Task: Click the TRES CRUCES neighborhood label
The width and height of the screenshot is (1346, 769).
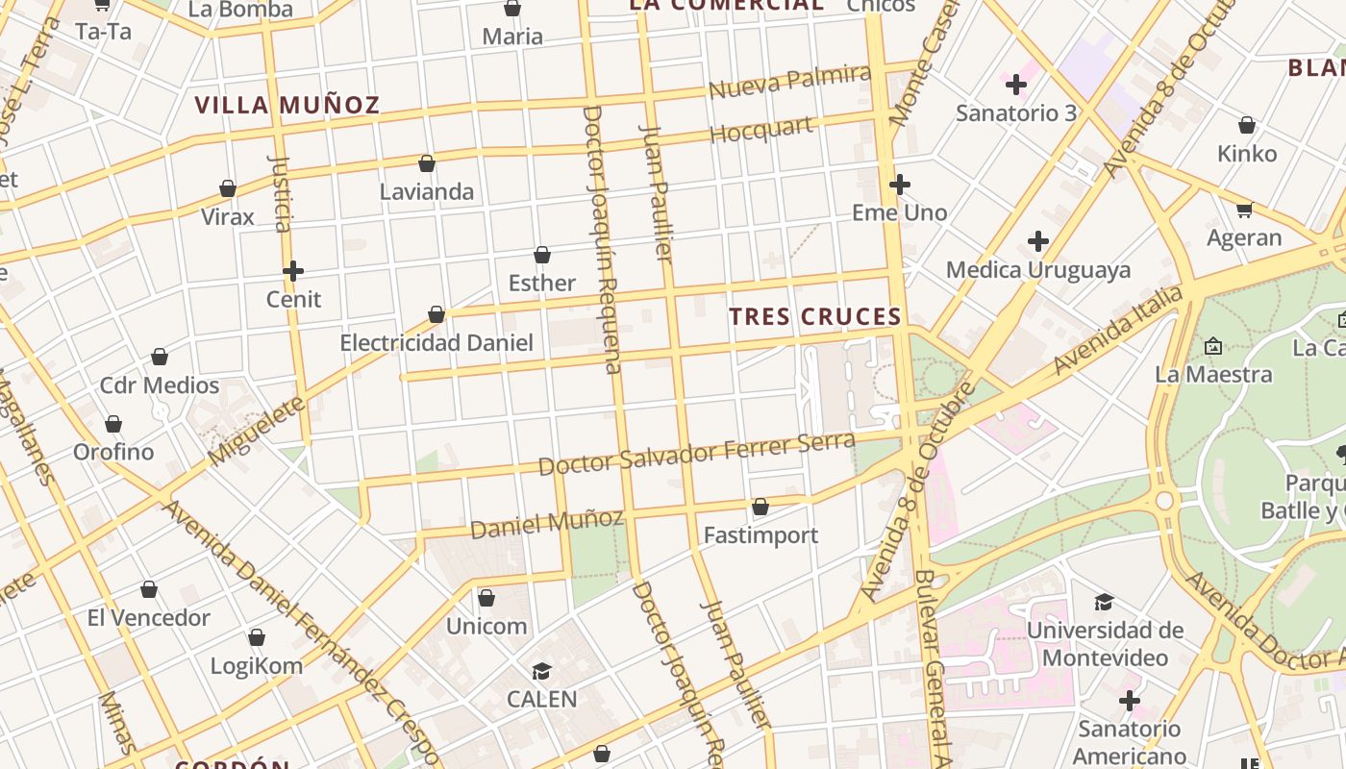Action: coord(814,316)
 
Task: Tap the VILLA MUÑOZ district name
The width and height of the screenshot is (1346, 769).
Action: coord(287,105)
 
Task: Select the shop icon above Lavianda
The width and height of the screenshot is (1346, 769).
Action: coord(427,163)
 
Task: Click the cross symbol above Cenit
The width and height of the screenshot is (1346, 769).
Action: coord(293,271)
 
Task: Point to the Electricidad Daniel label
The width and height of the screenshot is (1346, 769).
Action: coord(436,342)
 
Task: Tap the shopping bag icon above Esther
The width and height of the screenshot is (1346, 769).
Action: coord(542,255)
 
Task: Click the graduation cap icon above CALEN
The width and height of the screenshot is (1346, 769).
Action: coord(542,671)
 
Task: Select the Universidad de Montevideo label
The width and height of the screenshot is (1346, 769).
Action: coord(1105,644)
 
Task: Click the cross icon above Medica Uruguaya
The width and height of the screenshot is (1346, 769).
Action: coord(1038,241)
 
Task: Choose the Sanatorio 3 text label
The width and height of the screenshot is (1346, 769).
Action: coord(1016,112)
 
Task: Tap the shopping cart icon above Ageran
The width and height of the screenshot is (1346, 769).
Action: coord(1244,210)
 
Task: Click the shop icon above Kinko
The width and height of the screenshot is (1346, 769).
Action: coord(1247,125)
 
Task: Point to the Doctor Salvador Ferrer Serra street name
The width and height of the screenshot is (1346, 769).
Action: coord(696,454)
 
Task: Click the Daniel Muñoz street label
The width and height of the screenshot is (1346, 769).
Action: coord(546,523)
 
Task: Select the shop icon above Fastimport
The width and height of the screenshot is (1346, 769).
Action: coord(760,507)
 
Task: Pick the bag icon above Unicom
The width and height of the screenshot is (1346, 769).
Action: coord(486,598)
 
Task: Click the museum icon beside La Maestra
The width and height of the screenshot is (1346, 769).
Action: coord(1213,345)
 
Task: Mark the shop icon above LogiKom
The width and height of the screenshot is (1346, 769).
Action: coord(257,637)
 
